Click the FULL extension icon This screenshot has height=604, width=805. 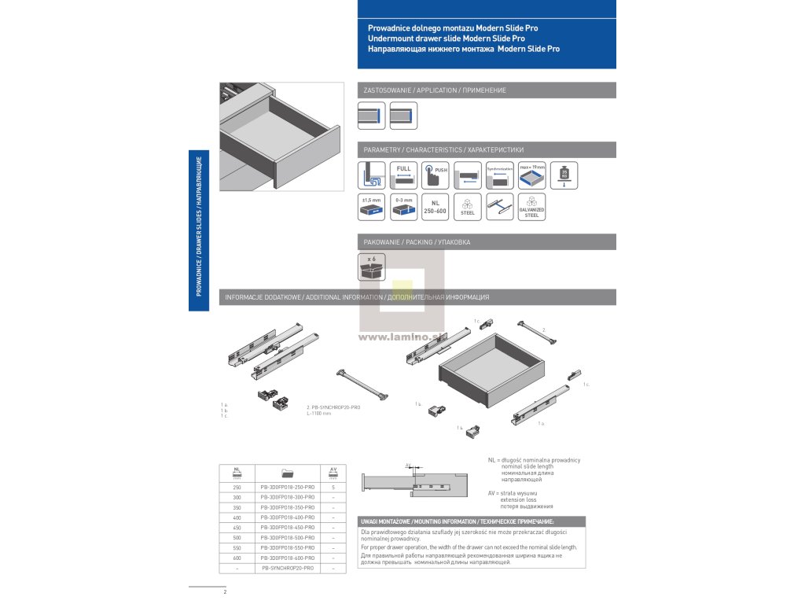(x=403, y=175)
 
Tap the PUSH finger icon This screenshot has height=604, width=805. (x=436, y=175)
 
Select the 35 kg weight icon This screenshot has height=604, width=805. (x=564, y=175)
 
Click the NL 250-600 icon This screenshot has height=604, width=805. (x=436, y=206)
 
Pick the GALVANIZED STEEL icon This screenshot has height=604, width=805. (x=532, y=206)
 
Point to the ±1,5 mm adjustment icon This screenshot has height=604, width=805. (x=371, y=206)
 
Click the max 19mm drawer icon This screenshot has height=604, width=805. (x=532, y=175)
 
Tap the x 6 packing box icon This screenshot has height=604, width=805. (x=371, y=266)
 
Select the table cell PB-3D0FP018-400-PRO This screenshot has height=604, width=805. (x=287, y=517)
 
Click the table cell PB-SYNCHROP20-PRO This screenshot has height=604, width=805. (x=287, y=568)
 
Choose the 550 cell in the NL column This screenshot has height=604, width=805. (x=237, y=547)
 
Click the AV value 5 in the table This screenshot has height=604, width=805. (x=333, y=488)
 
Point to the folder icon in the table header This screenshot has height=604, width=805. (x=287, y=473)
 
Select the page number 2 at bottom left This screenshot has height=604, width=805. (x=225, y=591)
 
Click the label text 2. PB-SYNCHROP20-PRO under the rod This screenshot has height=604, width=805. (x=333, y=407)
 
